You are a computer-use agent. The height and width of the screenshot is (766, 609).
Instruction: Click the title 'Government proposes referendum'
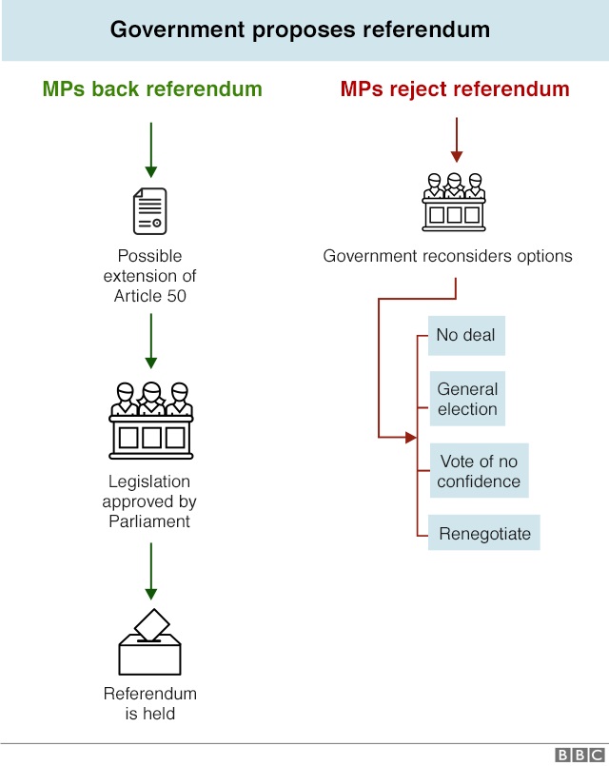tap(300, 29)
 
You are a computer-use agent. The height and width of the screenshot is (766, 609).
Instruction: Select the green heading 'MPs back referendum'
tap(152, 89)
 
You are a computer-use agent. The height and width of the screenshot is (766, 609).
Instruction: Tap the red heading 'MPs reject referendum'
tap(455, 89)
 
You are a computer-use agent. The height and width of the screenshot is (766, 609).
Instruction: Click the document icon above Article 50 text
tap(150, 210)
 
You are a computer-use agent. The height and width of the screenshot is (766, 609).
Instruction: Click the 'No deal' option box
tap(466, 335)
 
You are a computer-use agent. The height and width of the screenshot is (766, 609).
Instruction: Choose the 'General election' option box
tap(467, 399)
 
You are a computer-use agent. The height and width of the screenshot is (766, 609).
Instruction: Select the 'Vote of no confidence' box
tap(479, 471)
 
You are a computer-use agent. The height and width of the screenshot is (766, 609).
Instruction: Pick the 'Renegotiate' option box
tap(484, 533)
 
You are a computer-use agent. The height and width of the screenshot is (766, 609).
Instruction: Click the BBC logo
tap(578, 755)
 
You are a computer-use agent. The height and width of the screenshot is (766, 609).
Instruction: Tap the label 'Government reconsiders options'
tap(447, 256)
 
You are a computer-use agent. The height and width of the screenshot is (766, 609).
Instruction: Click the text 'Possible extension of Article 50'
tap(150, 276)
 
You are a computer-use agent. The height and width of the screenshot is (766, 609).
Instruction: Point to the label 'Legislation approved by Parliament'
tap(150, 501)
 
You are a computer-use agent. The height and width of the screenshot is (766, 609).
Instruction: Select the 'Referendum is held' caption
tap(150, 703)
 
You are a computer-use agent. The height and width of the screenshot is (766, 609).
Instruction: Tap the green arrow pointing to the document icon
tap(150, 150)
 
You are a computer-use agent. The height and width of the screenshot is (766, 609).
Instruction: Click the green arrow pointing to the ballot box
tap(150, 570)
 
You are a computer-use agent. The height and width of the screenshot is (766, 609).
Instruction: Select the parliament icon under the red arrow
tap(454, 202)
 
